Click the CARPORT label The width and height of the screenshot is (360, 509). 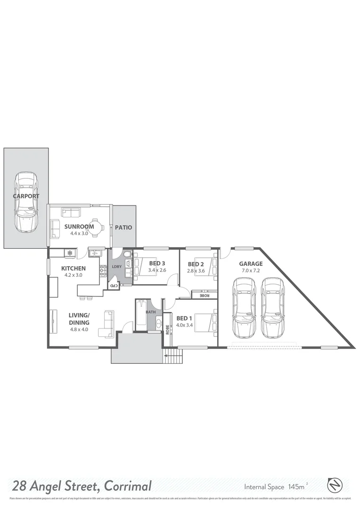click(26, 196)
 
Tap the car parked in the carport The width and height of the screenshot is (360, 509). click(26, 202)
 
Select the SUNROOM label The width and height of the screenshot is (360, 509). click(79, 226)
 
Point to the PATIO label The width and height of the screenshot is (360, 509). click(124, 228)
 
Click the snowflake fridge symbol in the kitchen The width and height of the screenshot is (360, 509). click(69, 254)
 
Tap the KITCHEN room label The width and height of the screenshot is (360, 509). click(74, 268)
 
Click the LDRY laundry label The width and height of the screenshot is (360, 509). click(116, 267)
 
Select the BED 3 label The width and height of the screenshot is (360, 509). click(156, 263)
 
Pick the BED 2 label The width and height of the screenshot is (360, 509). click(196, 264)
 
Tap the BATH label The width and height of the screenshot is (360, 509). click(150, 312)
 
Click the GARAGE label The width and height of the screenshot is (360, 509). click(251, 264)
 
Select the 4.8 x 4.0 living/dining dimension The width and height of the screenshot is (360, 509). click(80, 329)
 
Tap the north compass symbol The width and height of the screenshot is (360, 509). click(334, 484)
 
